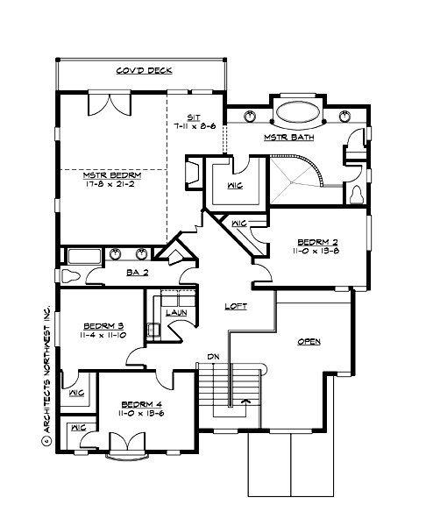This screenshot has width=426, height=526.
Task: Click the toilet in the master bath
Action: click(x=356, y=193)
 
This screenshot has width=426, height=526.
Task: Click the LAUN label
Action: click(x=177, y=311)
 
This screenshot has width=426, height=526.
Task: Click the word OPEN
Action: click(x=308, y=341)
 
